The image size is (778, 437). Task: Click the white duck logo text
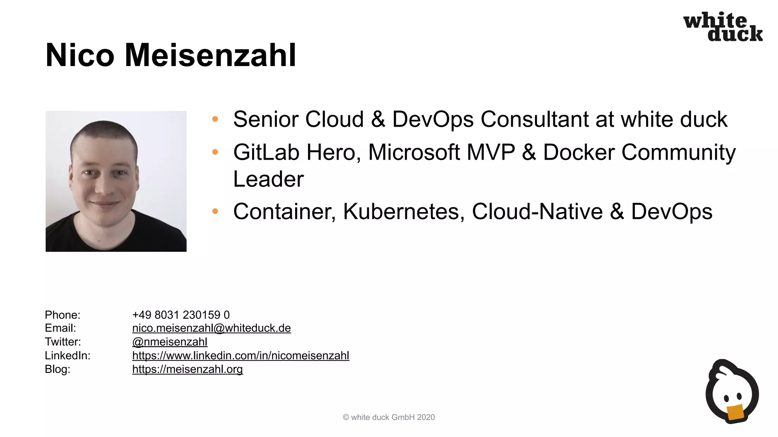click(723, 27)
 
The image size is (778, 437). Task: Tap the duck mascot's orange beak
click(735, 413)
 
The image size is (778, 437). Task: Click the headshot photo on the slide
click(116, 181)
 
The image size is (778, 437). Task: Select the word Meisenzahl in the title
click(210, 55)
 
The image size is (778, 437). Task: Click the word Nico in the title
click(80, 55)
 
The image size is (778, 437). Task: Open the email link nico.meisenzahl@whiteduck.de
click(211, 328)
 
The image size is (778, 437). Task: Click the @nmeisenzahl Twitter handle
click(169, 342)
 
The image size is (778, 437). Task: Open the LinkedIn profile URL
click(240, 355)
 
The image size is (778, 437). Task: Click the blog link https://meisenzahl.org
click(187, 369)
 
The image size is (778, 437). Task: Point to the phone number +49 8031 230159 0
click(181, 315)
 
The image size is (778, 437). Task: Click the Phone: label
click(63, 315)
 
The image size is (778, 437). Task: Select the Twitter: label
click(63, 342)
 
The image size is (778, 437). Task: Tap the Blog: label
click(57, 369)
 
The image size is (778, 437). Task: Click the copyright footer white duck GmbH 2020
click(389, 417)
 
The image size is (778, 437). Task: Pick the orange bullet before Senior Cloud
click(215, 119)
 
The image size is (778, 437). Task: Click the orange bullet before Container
click(215, 211)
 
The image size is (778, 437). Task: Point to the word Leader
click(268, 179)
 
